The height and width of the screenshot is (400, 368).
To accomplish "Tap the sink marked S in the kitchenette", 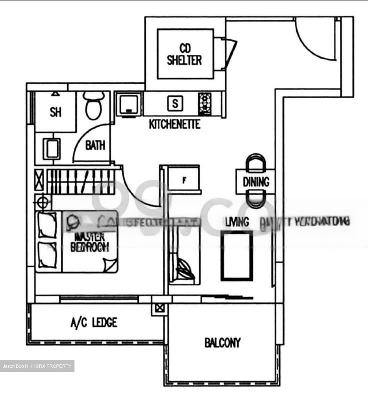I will [x=175, y=103].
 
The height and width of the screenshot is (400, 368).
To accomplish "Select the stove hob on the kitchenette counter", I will [x=205, y=104].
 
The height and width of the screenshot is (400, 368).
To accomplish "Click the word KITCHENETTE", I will [x=175, y=124].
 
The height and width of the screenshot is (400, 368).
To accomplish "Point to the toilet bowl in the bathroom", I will [x=94, y=107].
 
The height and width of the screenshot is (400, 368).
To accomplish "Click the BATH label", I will [x=95, y=145].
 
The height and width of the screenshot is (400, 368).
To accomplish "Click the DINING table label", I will [x=256, y=182].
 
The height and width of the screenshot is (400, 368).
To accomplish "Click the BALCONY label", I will [x=222, y=343].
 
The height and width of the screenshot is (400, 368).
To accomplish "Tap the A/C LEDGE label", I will [x=94, y=322].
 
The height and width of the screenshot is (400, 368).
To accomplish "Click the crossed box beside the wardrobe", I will [x=39, y=180].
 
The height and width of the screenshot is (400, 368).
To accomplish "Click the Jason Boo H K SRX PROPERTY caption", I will [x=37, y=366].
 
